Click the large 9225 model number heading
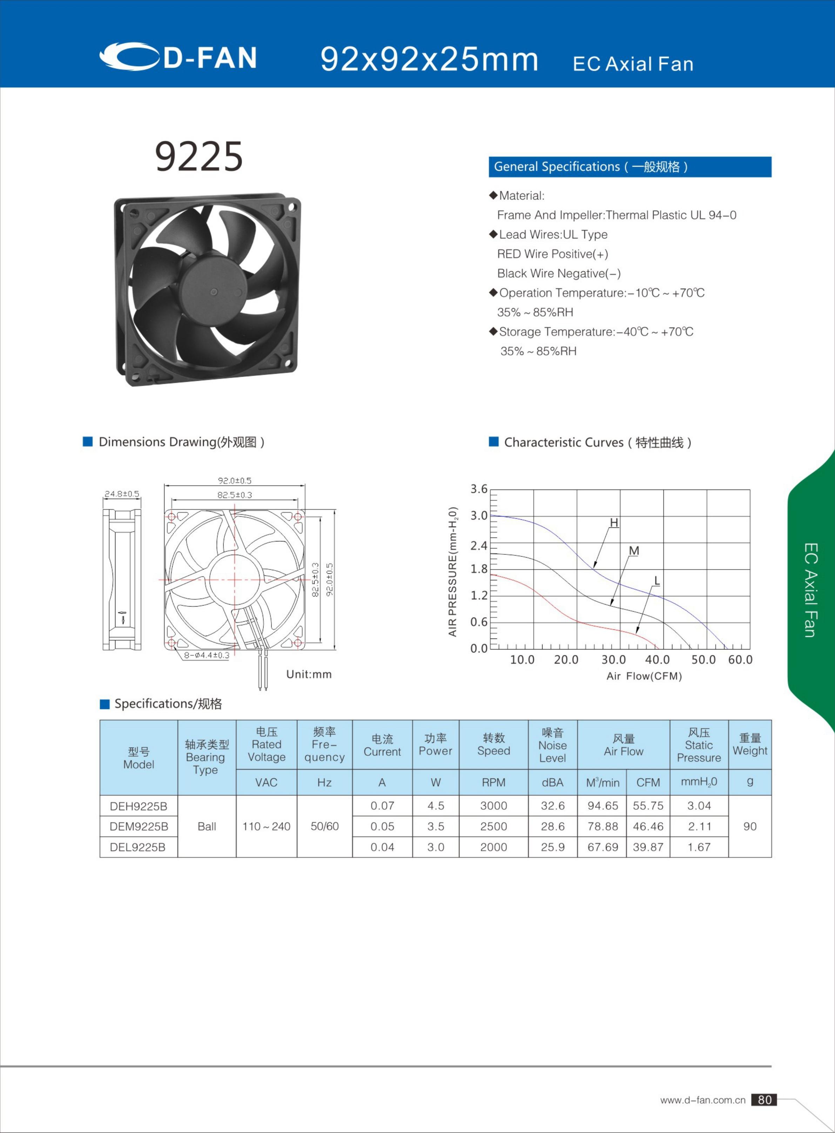pyautogui.click(x=198, y=157)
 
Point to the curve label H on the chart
pyautogui.click(x=614, y=522)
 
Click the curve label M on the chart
pyautogui.click(x=634, y=551)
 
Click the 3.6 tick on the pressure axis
pyautogui.click(x=479, y=489)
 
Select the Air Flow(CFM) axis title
pyautogui.click(x=644, y=676)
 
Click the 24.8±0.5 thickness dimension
pyautogui.click(x=122, y=494)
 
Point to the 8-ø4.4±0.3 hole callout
pyautogui.click(x=206, y=655)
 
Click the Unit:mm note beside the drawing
pyautogui.click(x=309, y=674)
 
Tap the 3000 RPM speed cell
pyautogui.click(x=493, y=805)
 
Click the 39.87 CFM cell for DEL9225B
pyautogui.click(x=648, y=847)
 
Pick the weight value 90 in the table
pyautogui.click(x=749, y=826)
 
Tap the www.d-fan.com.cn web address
pyautogui.click(x=702, y=1100)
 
